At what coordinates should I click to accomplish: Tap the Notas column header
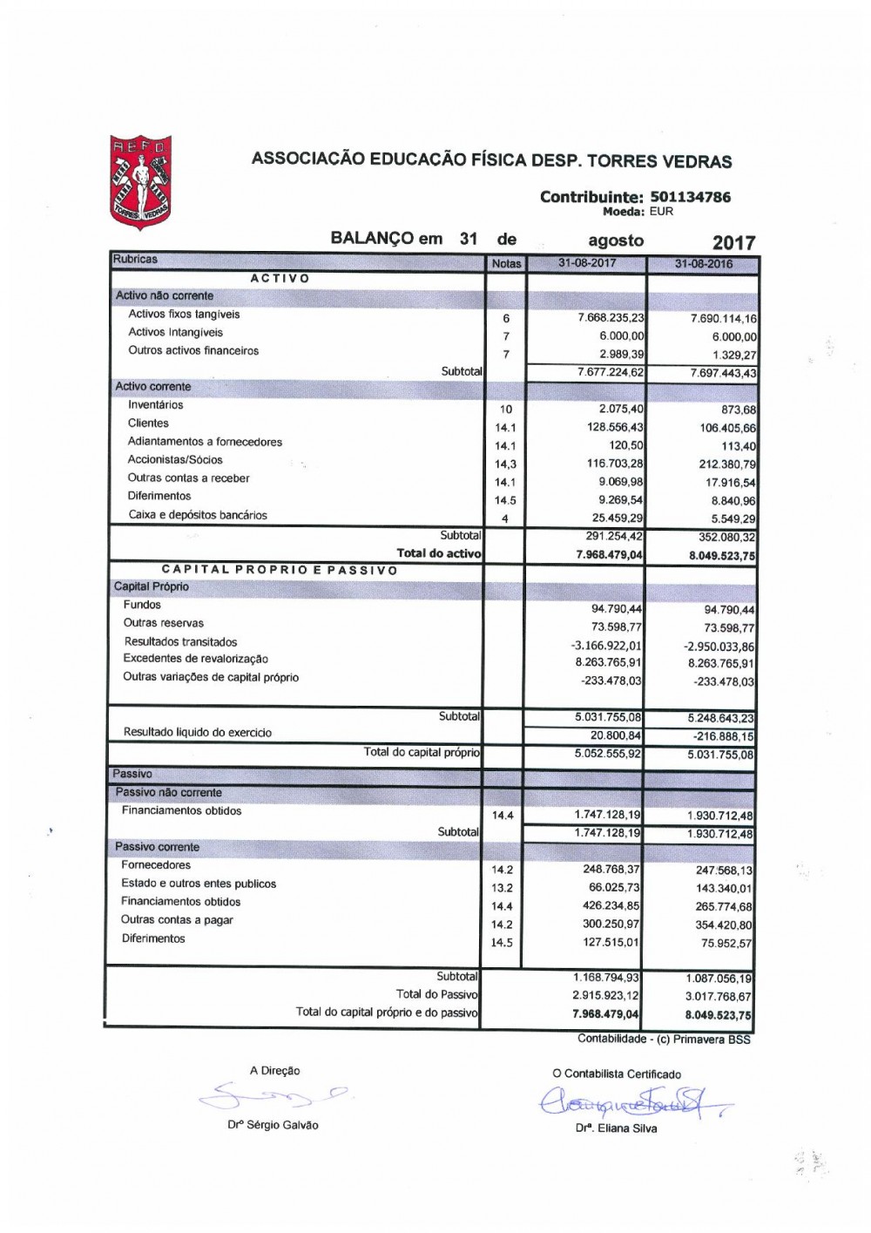pyautogui.click(x=506, y=264)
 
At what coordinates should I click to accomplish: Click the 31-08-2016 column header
pyautogui.click(x=703, y=264)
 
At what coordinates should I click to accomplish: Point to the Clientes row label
pyautogui.click(x=148, y=423)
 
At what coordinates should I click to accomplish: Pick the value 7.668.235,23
pyautogui.click(x=611, y=318)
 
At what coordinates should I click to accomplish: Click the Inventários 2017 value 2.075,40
pyautogui.click(x=621, y=409)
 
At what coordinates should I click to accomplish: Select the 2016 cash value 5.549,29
pyautogui.click(x=733, y=518)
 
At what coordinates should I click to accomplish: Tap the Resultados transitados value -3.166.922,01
pyautogui.click(x=605, y=645)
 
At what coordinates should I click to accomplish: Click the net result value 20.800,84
pyautogui.click(x=616, y=735)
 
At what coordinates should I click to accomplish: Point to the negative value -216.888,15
pyautogui.click(x=719, y=736)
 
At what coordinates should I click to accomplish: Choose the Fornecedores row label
pyautogui.click(x=156, y=865)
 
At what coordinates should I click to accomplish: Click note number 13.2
pyautogui.click(x=503, y=888)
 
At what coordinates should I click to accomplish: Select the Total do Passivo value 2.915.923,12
pyautogui.click(x=605, y=995)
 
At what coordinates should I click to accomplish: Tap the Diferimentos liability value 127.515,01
pyautogui.click(x=611, y=942)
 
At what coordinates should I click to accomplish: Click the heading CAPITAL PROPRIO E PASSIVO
pyautogui.click(x=280, y=570)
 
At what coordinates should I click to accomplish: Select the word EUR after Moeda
pyautogui.click(x=661, y=211)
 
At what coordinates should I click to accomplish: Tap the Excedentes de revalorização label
pyautogui.click(x=196, y=659)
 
